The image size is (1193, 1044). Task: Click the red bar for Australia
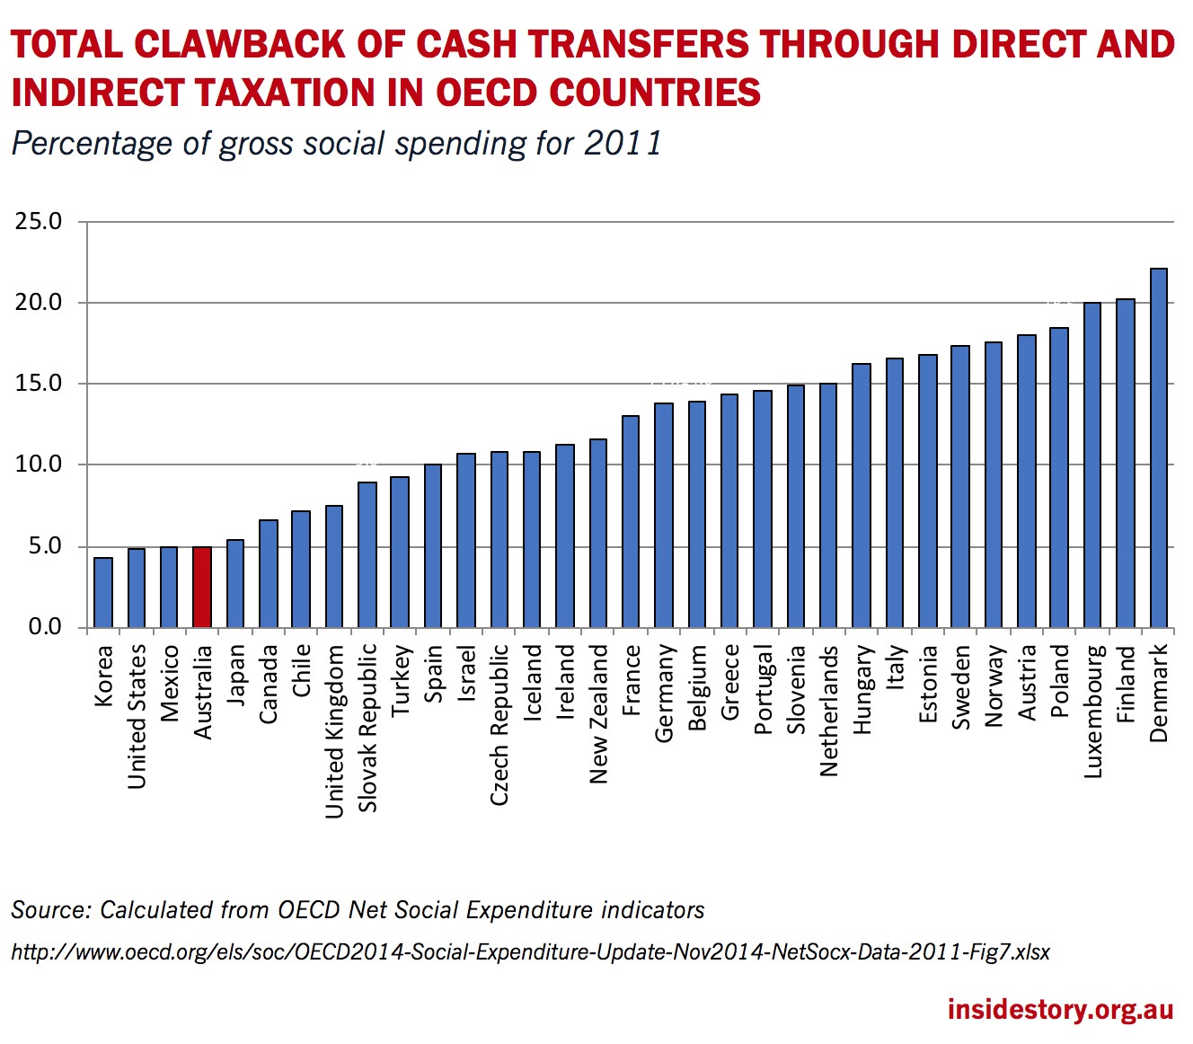pos(202,587)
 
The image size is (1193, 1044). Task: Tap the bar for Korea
pos(103,592)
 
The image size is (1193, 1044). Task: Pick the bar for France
pos(632,521)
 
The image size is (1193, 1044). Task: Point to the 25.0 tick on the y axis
pos(38,221)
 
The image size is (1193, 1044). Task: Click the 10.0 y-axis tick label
pos(38,464)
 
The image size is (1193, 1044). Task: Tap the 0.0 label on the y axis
pos(44,627)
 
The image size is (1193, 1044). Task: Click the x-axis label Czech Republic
pos(499,724)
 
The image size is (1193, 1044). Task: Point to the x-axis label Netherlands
pos(828,710)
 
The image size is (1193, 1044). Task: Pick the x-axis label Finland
pos(1126,684)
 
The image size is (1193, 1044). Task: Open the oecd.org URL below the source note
pos(530,951)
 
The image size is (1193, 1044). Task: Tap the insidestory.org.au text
pos(1060,1009)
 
